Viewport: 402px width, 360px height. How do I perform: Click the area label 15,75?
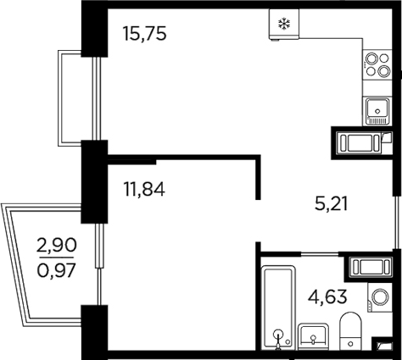tap(145, 35)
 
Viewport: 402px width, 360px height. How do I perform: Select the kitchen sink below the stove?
tap(375, 107)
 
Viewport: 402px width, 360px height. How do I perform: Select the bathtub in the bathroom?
tap(277, 308)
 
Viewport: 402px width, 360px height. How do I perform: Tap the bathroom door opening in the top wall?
tap(300, 254)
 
